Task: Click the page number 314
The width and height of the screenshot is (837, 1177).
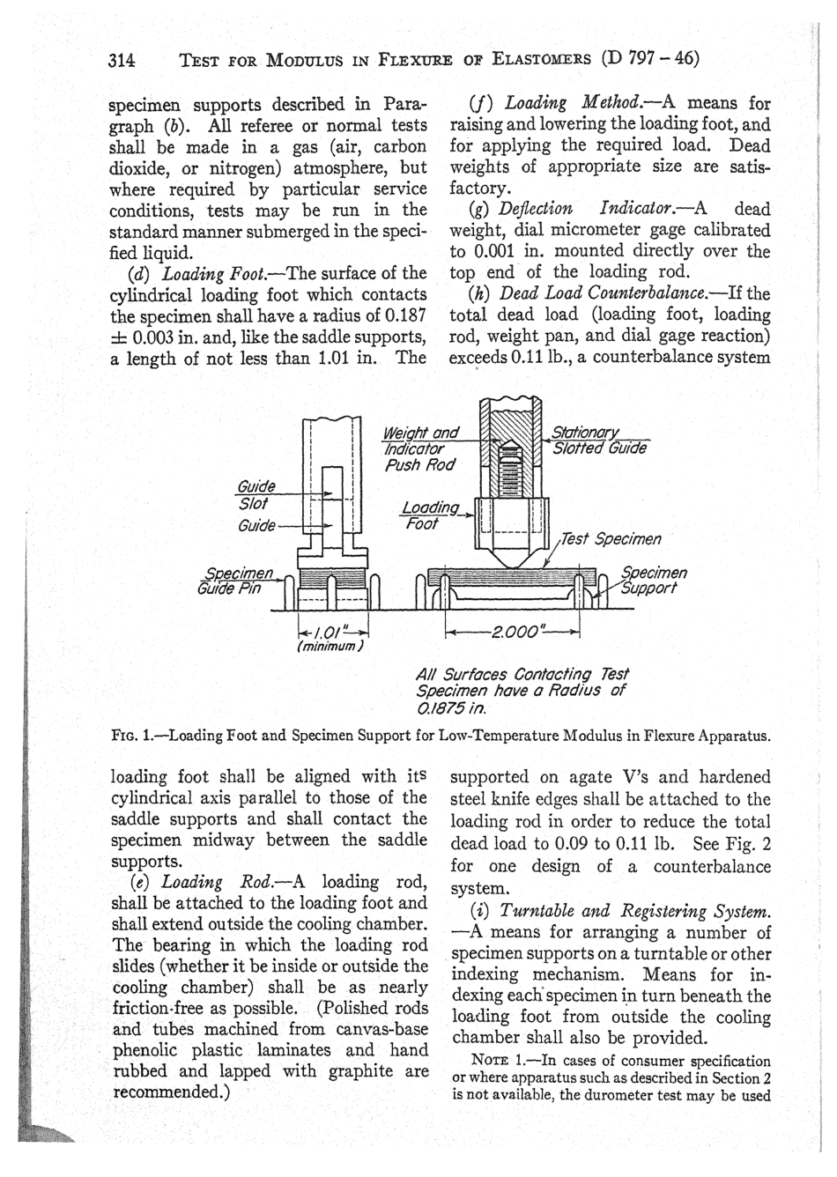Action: tap(121, 61)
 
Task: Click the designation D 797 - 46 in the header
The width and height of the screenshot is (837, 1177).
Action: tap(649, 60)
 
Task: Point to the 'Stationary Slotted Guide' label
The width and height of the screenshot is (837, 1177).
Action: tap(599, 440)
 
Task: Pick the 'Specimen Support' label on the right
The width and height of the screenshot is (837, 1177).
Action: tap(653, 580)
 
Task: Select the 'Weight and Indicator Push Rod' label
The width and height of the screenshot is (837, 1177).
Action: tap(421, 448)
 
